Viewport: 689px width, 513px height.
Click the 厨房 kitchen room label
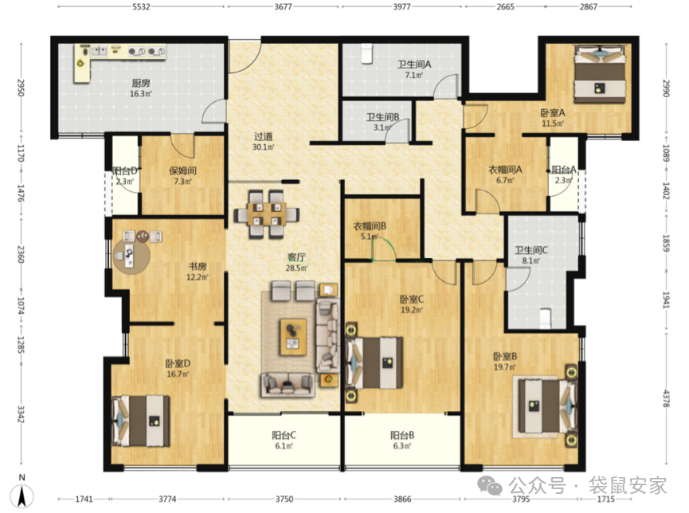pos(141,83)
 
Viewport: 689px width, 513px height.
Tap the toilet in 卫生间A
pos(366,54)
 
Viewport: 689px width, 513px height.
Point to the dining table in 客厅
pos(265,214)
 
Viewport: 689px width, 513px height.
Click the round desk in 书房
pos(131,256)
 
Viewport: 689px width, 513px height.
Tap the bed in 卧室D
pos(141,421)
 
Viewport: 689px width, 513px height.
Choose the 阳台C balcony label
pos(284,435)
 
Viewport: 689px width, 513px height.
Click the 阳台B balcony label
pos(402,435)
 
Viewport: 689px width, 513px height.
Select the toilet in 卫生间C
pos(546,319)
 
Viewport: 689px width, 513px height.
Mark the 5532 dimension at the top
pos(141,6)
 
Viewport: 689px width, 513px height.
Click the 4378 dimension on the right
pos(667,398)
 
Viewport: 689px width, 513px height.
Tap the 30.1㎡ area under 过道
pos(263,147)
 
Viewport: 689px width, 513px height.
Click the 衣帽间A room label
pos(505,169)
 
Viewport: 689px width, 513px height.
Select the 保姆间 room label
pos(182,170)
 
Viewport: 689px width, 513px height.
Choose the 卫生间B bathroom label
pos(382,117)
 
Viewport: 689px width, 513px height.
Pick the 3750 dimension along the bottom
pos(284,499)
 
